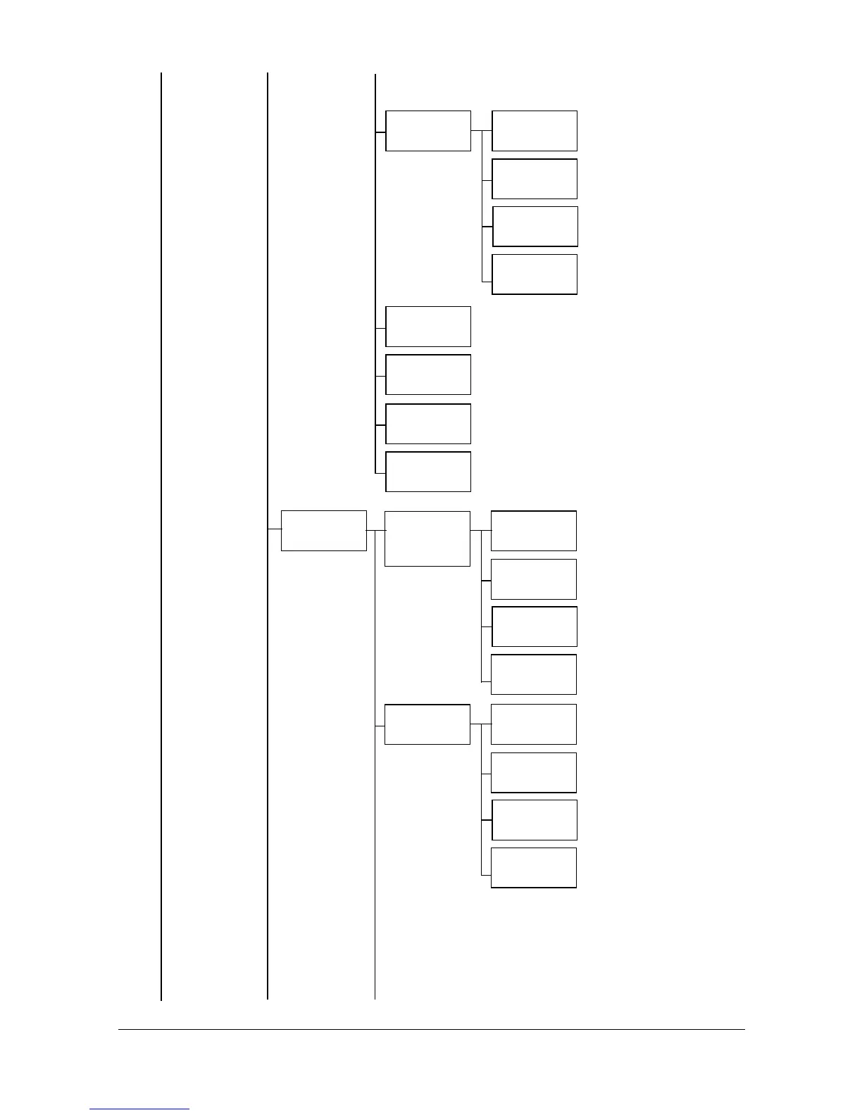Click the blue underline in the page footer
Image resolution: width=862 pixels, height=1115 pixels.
coord(139,1109)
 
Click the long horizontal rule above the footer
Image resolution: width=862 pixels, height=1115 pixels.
coord(431,1029)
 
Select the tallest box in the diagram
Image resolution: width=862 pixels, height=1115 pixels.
coord(427,538)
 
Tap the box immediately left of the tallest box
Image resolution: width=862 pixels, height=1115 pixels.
coord(323,531)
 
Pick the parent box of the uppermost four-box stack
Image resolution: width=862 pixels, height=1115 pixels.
coord(428,131)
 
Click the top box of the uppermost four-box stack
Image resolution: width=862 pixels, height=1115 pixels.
coord(535,131)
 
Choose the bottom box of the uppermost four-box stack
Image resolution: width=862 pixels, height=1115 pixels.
coord(535,275)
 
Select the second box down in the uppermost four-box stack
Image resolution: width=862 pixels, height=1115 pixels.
coord(535,179)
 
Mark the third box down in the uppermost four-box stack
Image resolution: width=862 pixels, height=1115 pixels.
coord(535,227)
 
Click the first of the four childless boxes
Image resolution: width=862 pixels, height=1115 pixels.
coord(428,327)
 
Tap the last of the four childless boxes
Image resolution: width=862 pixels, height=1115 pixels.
coord(428,472)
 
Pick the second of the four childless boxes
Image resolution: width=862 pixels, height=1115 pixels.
coord(428,374)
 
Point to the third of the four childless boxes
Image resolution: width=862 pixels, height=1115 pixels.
coord(428,424)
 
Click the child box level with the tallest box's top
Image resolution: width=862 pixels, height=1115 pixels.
coord(533,531)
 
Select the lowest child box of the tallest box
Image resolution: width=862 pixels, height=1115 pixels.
coord(533,674)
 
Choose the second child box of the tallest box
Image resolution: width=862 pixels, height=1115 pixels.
coord(533,579)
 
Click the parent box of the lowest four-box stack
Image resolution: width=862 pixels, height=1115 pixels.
coord(427,724)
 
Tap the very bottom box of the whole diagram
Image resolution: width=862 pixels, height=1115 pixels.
coord(533,868)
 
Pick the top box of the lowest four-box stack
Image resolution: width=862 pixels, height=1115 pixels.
coord(533,724)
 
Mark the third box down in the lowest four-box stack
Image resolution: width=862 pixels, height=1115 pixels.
coord(534,820)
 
